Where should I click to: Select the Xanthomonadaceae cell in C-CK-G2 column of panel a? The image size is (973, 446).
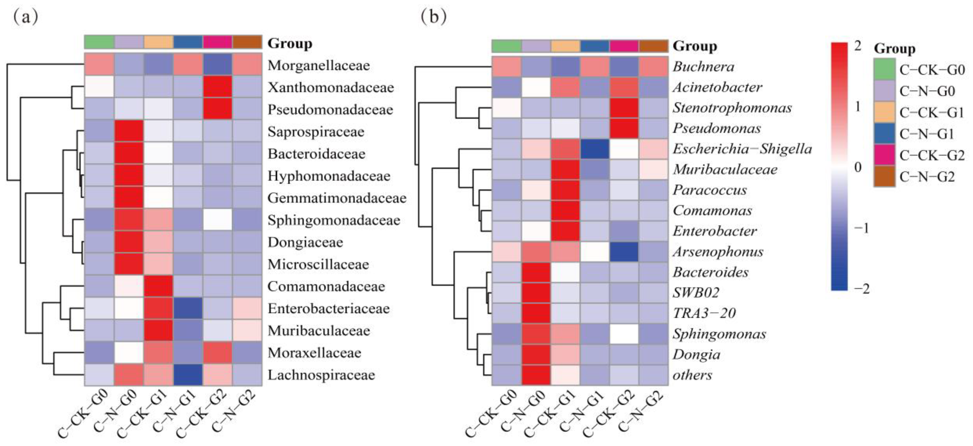[x=217, y=87]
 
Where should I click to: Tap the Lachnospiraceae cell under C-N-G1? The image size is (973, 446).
[x=188, y=375]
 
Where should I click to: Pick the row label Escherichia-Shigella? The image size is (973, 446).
[x=742, y=149]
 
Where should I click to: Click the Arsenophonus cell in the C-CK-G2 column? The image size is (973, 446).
[x=624, y=251]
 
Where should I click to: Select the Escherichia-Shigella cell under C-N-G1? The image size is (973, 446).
[x=595, y=149]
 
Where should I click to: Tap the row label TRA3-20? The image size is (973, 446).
[x=704, y=313]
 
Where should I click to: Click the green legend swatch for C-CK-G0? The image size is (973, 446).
[x=884, y=69]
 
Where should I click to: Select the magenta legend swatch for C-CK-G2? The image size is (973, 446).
[x=884, y=155]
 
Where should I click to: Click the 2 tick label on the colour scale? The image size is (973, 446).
[x=858, y=46]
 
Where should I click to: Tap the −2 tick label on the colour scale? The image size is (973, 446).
[x=860, y=289]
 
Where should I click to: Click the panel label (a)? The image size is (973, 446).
[x=26, y=17]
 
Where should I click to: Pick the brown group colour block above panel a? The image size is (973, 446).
[x=247, y=42]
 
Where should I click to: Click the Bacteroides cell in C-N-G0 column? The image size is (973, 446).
[x=536, y=272]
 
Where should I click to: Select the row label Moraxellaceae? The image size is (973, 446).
[x=314, y=353]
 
